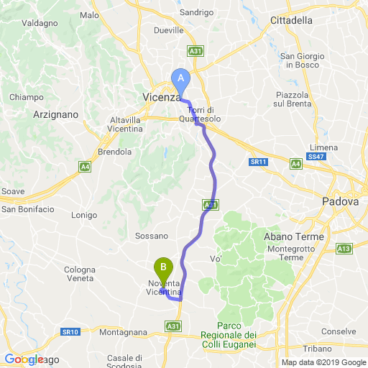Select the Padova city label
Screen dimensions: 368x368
[x=340, y=202]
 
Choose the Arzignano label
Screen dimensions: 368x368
[x=55, y=114]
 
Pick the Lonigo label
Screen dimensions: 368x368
[x=85, y=215]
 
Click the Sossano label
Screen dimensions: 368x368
[x=151, y=236]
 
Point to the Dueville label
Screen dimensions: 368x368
[x=170, y=31]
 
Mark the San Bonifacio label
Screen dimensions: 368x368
[x=28, y=209]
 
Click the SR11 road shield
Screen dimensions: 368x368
[x=258, y=162]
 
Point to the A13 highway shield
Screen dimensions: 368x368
[x=344, y=249]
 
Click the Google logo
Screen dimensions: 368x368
[x=24, y=359]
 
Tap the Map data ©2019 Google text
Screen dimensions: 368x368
[x=323, y=362]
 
